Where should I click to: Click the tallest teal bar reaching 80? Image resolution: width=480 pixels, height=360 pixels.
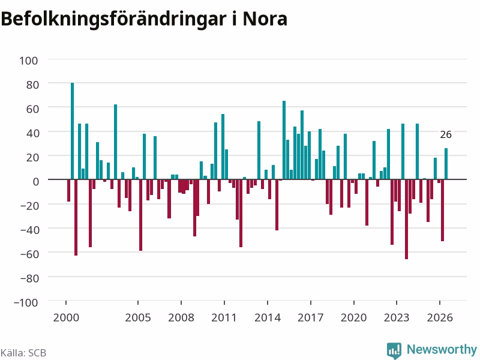[72, 131]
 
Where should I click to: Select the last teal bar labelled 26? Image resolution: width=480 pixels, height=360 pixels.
[446, 164]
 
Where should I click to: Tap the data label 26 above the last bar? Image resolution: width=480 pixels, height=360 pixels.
[446, 134]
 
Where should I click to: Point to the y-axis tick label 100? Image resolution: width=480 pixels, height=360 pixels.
[29, 61]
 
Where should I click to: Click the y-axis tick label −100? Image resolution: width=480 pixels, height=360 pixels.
[26, 302]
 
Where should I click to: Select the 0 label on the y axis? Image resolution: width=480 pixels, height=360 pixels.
[36, 182]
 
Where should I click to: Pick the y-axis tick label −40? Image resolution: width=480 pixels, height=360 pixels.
[29, 230]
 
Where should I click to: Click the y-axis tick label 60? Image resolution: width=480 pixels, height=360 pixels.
[32, 109]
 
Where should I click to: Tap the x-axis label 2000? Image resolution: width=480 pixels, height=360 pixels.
[66, 317]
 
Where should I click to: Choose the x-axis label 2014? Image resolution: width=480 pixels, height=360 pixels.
[268, 317]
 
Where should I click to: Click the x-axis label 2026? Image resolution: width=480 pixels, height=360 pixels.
[440, 317]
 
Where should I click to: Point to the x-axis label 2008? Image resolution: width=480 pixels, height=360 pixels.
[181, 317]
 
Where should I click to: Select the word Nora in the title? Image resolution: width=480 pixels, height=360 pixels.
[265, 19]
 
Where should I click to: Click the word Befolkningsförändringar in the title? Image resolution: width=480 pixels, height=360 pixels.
[113, 19]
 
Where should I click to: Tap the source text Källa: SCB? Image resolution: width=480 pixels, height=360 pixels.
[23, 353]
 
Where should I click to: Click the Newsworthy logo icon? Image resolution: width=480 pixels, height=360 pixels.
[394, 350]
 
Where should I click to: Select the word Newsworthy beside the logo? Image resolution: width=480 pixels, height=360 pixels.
[442, 349]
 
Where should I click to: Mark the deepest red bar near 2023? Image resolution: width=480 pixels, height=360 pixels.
[407, 219]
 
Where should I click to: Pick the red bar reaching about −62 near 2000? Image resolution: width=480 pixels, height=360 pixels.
[76, 217]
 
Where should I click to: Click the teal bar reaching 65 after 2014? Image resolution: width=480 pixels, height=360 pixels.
[284, 140]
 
